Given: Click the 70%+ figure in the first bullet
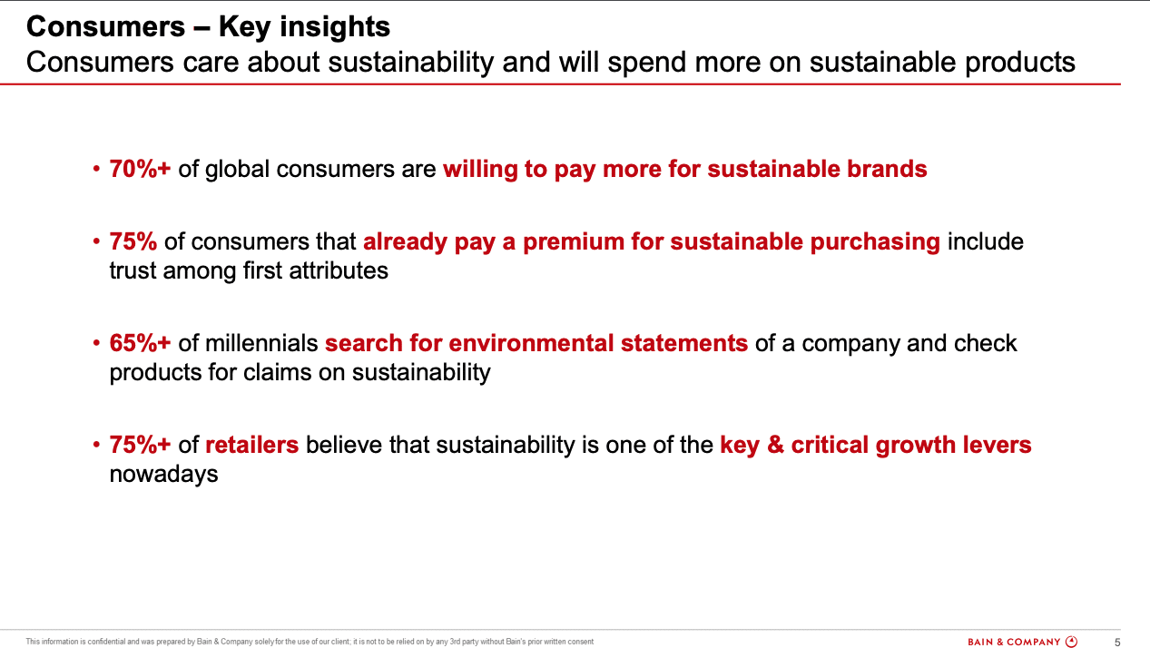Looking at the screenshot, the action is (140, 169).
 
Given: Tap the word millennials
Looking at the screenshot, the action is (261, 343).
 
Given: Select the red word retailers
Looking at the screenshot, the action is (251, 445).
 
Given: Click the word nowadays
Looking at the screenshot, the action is (163, 474).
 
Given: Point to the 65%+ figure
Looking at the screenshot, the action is (140, 343).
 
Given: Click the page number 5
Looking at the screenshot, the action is (1117, 642).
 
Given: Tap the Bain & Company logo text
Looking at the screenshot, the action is (1014, 642).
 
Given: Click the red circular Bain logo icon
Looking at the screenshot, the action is (1071, 642).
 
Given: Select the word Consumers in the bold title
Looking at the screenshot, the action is (106, 26).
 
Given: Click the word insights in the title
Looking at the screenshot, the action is (335, 26).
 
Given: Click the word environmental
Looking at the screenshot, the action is (531, 343).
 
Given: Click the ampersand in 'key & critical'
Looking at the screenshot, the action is (775, 445).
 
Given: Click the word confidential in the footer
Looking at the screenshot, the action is (106, 642).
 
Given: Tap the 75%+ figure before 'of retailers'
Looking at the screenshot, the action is (140, 445).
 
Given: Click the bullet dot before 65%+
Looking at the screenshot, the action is (96, 343).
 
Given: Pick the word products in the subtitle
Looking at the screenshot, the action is (1020, 63).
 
